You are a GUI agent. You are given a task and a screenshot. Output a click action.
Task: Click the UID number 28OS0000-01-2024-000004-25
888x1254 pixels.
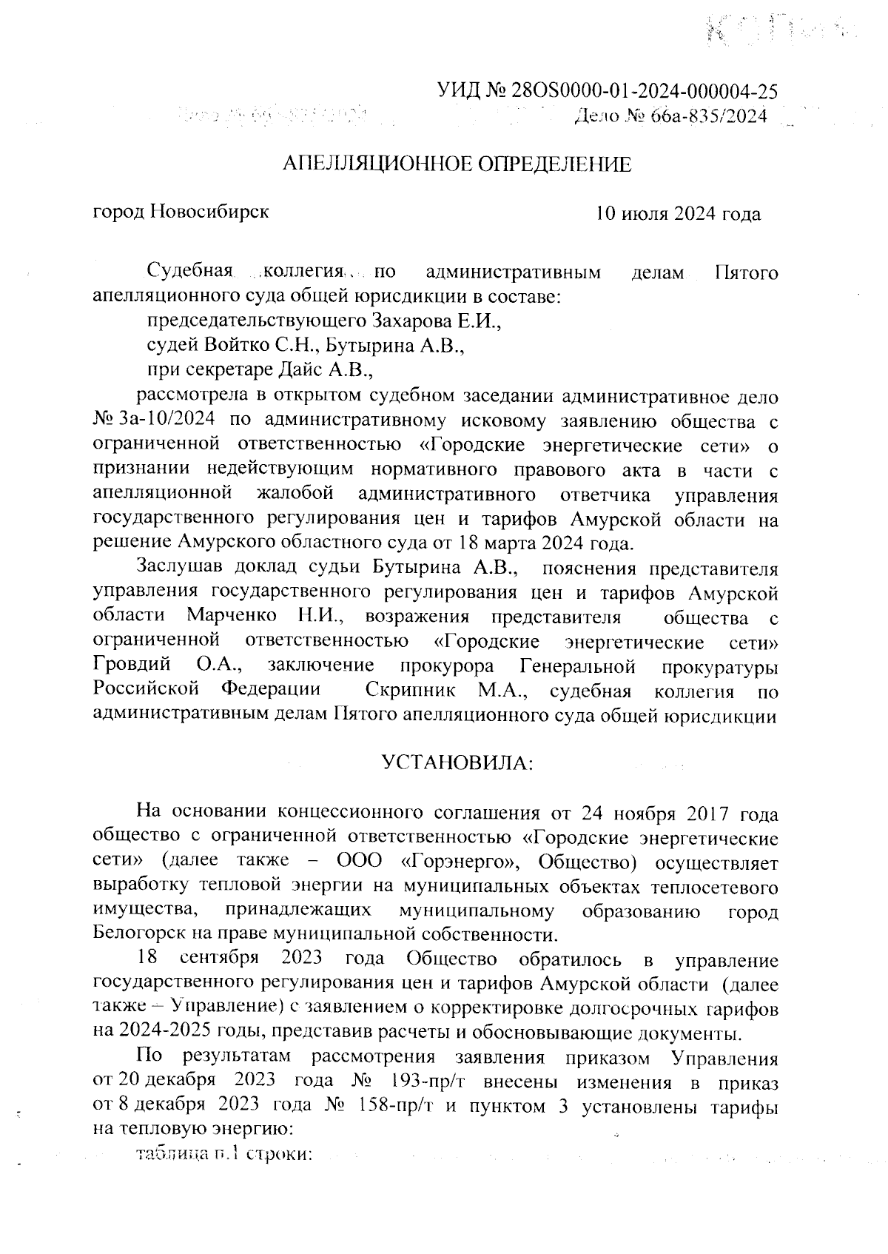pos(645,91)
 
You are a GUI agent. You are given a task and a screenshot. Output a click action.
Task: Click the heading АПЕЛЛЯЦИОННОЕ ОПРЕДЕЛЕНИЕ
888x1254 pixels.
pos(459,164)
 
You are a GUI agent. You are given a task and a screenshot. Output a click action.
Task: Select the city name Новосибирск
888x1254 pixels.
pos(209,212)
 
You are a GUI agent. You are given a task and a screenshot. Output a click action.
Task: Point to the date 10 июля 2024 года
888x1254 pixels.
pos(679,214)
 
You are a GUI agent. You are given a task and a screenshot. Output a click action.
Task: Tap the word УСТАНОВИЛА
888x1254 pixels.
pos(457,762)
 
